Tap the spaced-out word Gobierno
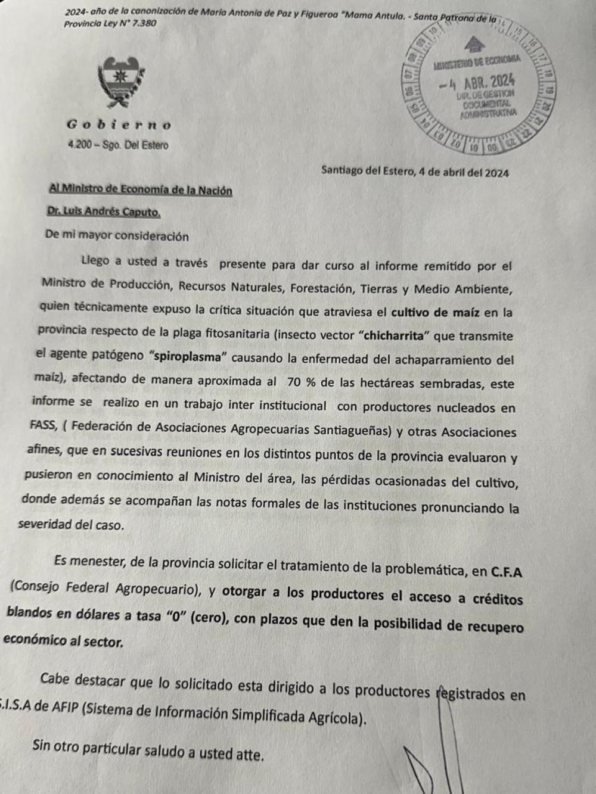coord(119,125)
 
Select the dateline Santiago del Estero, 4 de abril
coord(414,172)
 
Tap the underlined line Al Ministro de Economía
coord(140,191)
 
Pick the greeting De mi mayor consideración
coord(117,236)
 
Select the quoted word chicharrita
coord(395,335)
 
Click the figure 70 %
coord(301,382)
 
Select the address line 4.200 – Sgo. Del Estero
coord(118,145)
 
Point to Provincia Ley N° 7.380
coord(110,24)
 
